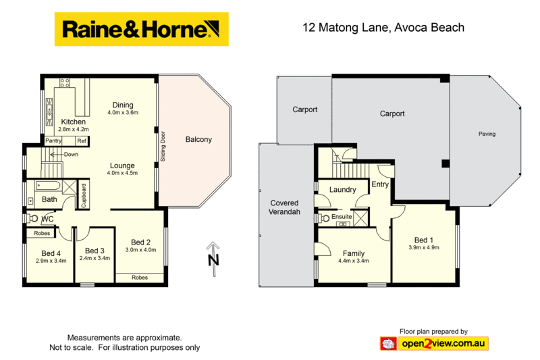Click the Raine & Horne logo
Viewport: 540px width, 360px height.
click(141, 29)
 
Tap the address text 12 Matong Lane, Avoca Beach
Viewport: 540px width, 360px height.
click(382, 28)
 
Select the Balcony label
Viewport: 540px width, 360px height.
click(198, 140)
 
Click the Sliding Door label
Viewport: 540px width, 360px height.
click(163, 146)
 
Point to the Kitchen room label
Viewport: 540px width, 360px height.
click(74, 122)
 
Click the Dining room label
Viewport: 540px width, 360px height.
click(123, 105)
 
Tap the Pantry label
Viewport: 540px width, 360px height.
click(54, 140)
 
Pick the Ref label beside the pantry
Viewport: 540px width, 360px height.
click(81, 140)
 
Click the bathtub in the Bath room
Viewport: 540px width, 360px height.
click(49, 185)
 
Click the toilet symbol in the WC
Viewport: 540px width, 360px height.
click(32, 219)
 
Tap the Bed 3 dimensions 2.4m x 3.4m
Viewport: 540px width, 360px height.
click(94, 258)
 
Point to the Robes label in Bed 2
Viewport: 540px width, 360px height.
click(140, 278)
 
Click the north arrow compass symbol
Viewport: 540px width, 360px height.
click(213, 257)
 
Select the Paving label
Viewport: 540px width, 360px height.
click(487, 134)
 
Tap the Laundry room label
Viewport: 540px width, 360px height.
click(343, 190)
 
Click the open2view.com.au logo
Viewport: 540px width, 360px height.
click(443, 343)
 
